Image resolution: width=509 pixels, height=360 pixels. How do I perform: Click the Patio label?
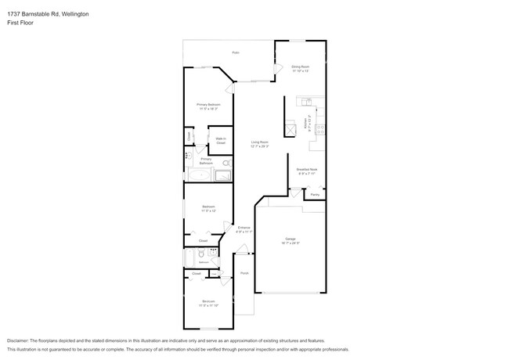point(235,52)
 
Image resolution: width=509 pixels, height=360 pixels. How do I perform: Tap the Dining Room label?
point(301,67)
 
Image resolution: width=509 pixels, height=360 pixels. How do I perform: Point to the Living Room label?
point(259,142)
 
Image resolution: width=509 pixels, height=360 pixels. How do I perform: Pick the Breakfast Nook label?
point(306,169)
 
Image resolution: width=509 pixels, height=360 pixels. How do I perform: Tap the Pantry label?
point(314,194)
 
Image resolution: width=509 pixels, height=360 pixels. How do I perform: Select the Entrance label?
point(244,228)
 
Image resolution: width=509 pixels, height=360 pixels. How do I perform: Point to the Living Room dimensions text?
point(259,146)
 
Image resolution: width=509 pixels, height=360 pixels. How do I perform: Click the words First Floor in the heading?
point(18,22)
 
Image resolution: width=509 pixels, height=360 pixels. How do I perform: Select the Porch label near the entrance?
point(244,273)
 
